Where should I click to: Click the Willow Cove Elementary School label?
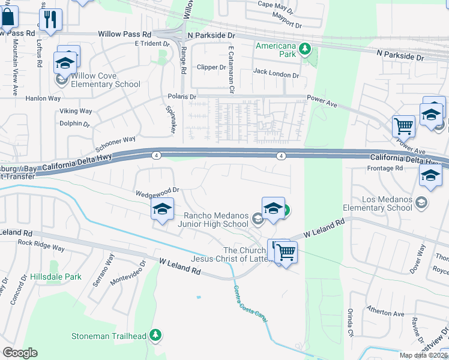(106, 80)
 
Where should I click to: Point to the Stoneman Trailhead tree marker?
(155, 335)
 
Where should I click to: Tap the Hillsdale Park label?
(55, 277)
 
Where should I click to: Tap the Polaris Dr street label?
(181, 97)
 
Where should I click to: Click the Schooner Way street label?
(115, 144)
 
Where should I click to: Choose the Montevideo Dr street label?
(128, 271)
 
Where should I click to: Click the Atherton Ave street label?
(386, 313)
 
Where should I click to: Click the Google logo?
(20, 353)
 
